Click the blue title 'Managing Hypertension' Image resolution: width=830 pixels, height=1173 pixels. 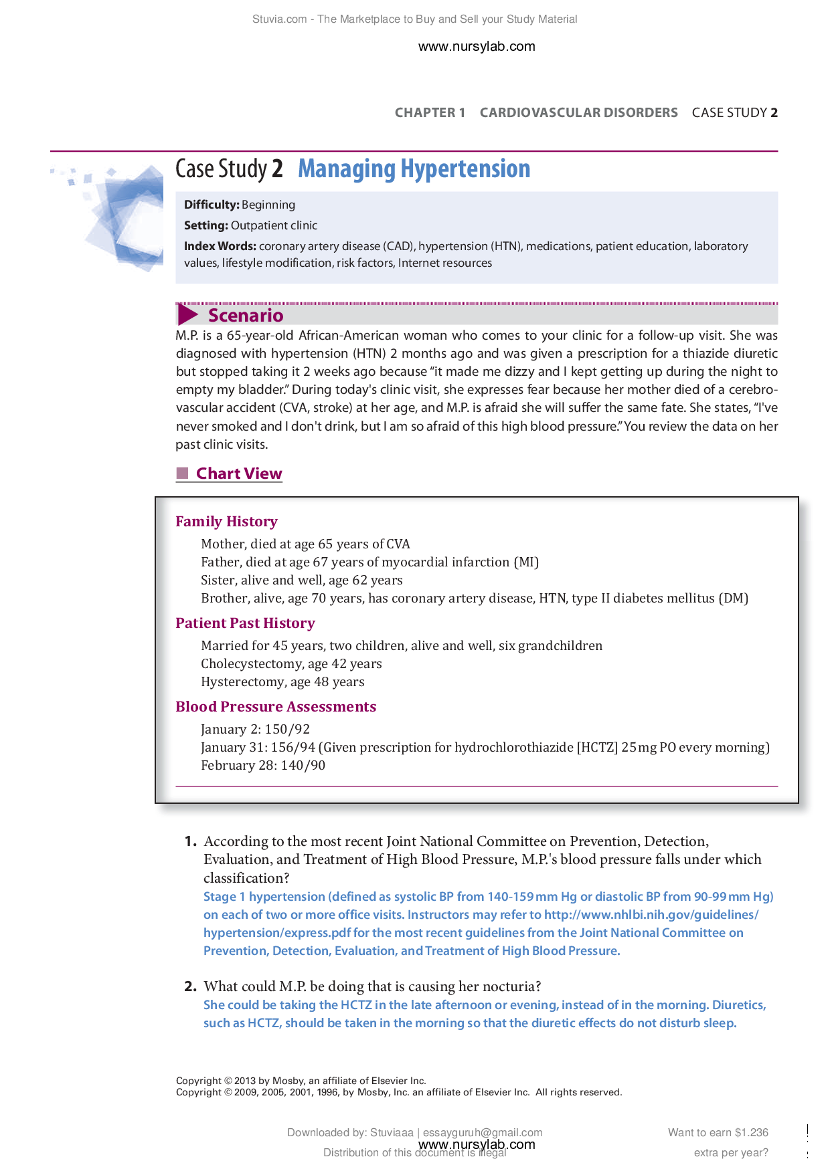(414, 169)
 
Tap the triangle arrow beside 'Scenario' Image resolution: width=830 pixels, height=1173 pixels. (187, 314)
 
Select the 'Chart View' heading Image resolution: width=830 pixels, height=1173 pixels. (239, 473)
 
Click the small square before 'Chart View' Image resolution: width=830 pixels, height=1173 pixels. (182, 473)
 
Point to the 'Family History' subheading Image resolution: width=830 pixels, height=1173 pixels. (226, 522)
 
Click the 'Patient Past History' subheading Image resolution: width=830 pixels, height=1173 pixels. (245, 623)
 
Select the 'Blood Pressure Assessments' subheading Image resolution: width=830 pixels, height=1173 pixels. (276, 707)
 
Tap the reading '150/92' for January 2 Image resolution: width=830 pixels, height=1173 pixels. (287, 730)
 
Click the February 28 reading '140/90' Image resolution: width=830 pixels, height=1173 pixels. (303, 766)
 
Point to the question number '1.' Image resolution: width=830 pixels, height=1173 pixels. (190, 842)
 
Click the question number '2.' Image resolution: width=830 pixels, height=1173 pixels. (190, 986)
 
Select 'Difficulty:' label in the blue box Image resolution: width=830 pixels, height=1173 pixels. (212, 205)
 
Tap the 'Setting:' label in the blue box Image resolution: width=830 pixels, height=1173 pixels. (206, 225)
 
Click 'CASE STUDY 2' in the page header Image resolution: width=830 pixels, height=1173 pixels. (734, 112)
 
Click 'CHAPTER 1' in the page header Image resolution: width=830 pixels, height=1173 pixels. (430, 112)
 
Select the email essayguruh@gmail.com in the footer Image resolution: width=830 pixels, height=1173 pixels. (483, 1132)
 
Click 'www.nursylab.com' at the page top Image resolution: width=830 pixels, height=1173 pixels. (477, 46)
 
